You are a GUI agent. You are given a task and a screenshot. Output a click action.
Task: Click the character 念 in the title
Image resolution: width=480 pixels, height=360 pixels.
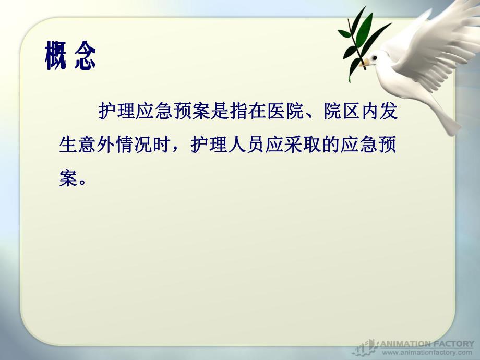pos(85,56)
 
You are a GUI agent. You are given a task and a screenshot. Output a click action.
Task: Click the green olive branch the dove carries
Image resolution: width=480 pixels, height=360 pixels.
pos(359,37)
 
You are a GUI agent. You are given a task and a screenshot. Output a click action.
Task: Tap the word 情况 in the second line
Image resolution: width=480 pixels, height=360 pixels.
pos(133,145)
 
